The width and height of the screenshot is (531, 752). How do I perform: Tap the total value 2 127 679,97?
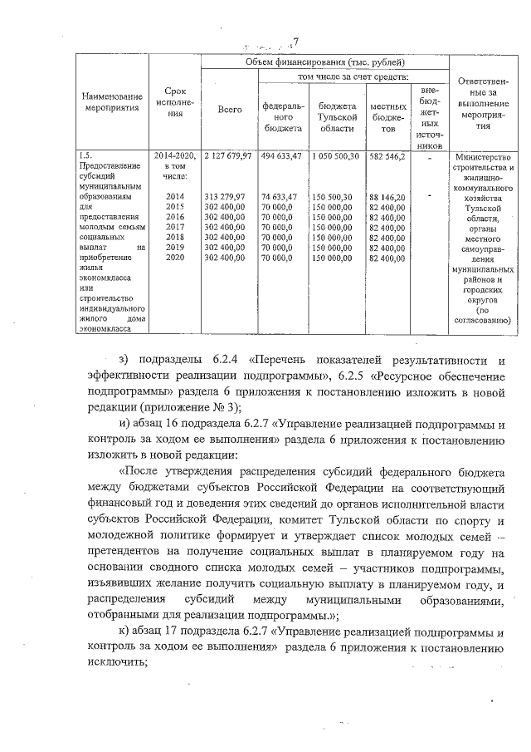[229, 155]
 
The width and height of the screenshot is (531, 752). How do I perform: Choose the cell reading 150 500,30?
[335, 196]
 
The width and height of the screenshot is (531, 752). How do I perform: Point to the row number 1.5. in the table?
[85, 155]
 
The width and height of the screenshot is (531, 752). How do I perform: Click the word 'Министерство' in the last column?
[488, 158]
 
